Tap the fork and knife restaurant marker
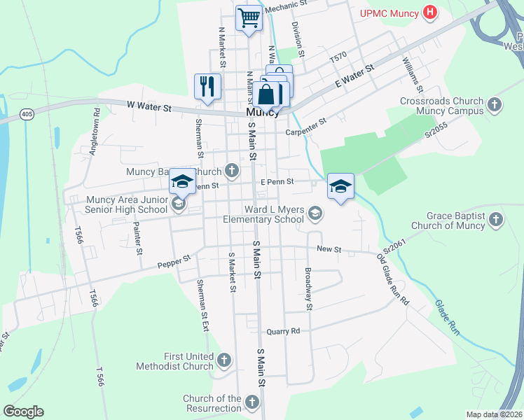[207, 86]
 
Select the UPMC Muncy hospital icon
[431, 13]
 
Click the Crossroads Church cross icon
[495, 105]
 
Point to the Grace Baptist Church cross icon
[495, 220]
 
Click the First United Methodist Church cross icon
[224, 360]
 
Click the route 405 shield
[27, 113]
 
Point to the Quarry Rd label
[283, 331]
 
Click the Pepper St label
[174, 261]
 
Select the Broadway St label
[308, 288]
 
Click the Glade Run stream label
[446, 318]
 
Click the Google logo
[23, 412]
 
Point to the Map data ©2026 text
[494, 414]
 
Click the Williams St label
[413, 75]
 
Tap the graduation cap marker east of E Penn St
[340, 186]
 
